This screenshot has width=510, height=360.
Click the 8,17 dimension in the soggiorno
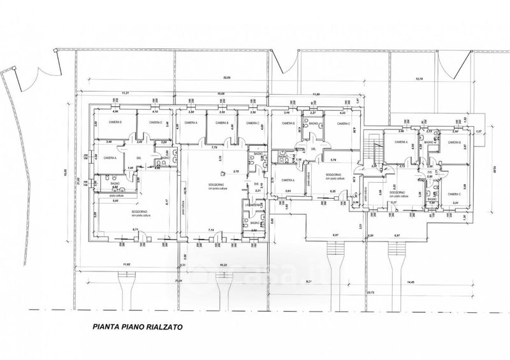(x=166, y=205)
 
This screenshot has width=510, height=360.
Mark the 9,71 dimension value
(x=135, y=229)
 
